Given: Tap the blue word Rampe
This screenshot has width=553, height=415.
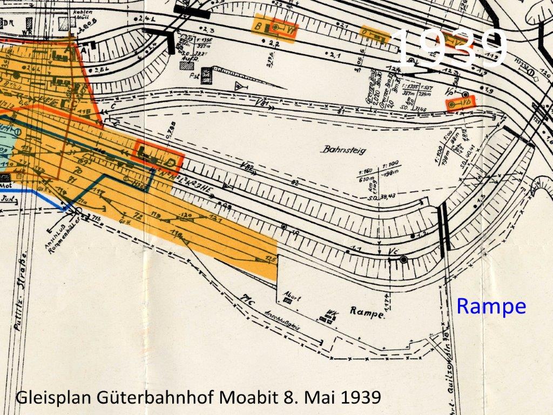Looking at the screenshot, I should (x=491, y=306).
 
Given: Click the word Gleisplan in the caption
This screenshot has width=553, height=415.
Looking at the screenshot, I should (x=53, y=397).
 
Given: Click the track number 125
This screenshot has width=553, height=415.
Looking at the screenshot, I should (x=271, y=260).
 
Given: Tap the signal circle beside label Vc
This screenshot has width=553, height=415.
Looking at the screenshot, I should (x=403, y=260).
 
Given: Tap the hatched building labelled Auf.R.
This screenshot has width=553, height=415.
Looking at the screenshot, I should (x=187, y=65).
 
